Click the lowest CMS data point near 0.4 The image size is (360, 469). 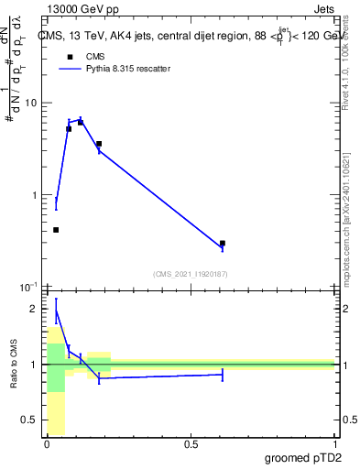click(56, 230)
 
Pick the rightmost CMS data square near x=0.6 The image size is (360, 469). click(223, 244)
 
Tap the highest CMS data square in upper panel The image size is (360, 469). click(81, 123)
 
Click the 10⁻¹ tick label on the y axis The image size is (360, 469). click(28, 288)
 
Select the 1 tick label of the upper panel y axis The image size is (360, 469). click(35, 195)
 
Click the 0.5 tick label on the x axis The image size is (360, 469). click(191, 445)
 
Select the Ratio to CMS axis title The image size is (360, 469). click(13, 366)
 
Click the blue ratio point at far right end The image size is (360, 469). click(223, 374)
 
